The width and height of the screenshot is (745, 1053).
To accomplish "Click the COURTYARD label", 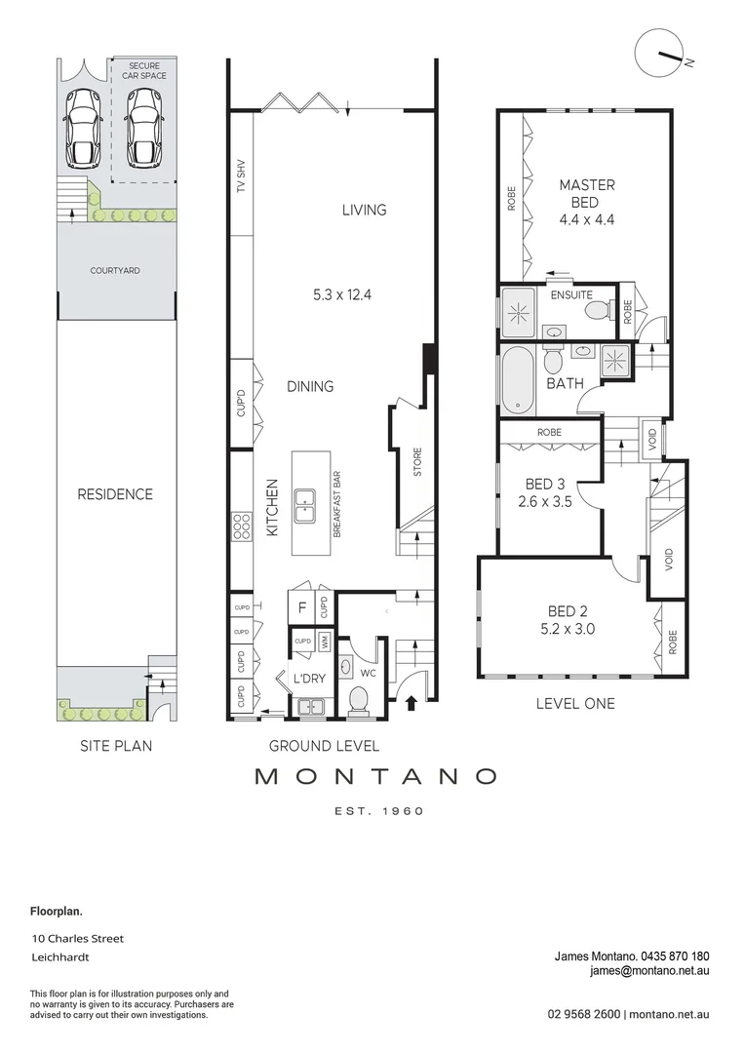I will tap(115, 270).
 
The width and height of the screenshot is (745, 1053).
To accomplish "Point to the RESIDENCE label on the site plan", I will tap(115, 494).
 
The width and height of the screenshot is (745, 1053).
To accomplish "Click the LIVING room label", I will tap(364, 210).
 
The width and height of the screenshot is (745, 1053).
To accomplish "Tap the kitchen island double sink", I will tap(304, 500).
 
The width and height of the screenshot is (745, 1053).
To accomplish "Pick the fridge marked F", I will tap(302, 606).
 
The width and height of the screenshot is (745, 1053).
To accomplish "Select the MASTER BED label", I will tap(586, 193).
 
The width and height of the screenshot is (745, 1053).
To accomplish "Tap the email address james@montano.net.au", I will tap(648, 971).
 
